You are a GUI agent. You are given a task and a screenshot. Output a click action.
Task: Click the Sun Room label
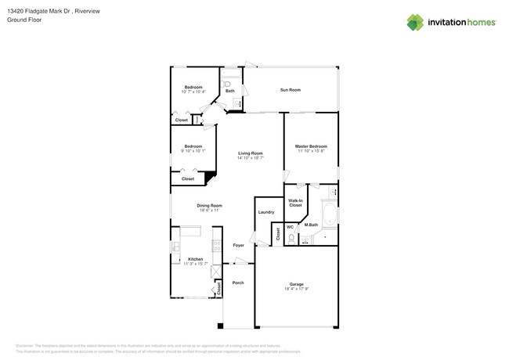pos(290,90)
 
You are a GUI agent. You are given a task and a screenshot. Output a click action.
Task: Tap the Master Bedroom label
pos(311,146)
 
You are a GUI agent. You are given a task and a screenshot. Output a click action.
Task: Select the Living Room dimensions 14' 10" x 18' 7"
pos(250,158)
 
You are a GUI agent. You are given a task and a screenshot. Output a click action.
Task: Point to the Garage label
pos(296,284)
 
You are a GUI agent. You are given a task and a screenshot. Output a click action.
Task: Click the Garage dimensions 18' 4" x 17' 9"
pos(296,289)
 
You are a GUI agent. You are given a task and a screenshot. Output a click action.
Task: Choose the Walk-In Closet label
pos(295,203)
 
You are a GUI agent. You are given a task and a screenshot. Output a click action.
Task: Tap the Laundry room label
pos(266,212)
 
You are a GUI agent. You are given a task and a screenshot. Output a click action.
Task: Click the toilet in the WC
pos(291,240)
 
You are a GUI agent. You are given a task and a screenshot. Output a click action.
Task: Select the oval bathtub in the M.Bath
pos(327,216)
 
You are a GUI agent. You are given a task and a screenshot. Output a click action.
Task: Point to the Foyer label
pos(238,245)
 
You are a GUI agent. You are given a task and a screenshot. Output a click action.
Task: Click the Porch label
pos(238,283)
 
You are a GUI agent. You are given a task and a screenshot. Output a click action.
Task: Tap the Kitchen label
pos(195,259)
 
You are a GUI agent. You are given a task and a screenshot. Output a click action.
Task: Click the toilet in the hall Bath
pos(226,82)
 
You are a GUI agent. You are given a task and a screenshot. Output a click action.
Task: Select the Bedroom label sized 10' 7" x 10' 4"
pos(193,87)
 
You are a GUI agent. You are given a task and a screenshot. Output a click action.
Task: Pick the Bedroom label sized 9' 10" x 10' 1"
pos(193,146)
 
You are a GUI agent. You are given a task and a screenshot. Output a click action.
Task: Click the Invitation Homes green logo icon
pos(414,22)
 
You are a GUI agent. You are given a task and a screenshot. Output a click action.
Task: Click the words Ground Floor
pos(24,20)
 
